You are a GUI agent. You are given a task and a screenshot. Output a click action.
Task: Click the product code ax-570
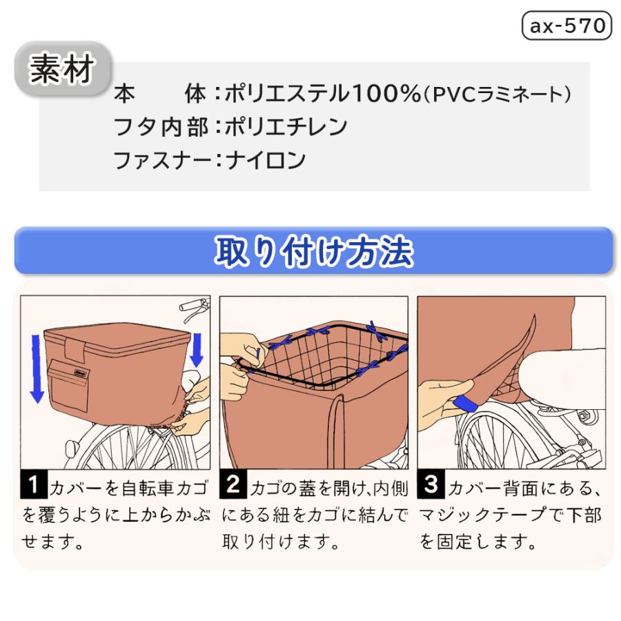point(566,26)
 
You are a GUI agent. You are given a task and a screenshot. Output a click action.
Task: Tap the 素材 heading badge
point(62,69)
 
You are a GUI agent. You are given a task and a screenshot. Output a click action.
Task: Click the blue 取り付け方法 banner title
point(313,252)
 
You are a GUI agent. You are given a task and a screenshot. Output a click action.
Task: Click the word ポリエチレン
point(286,127)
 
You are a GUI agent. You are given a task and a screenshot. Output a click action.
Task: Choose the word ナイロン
point(265,160)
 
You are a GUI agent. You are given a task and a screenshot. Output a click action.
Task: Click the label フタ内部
point(160,127)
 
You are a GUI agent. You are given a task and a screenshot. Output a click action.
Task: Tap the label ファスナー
point(160,160)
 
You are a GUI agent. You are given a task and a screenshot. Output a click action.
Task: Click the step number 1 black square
point(33,486)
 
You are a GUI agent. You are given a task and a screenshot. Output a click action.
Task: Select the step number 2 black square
point(234,486)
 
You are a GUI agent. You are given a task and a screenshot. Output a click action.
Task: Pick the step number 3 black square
point(432,486)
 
